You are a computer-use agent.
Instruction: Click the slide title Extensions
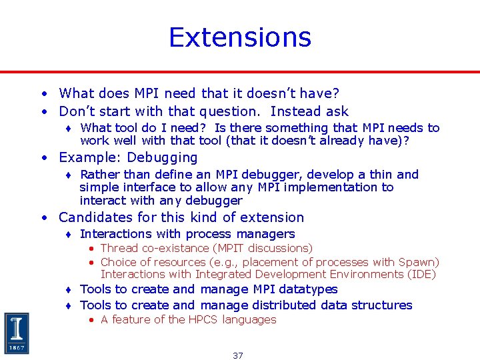point(240,37)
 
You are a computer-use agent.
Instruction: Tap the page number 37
point(238,355)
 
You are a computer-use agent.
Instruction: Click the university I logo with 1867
point(17,333)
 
